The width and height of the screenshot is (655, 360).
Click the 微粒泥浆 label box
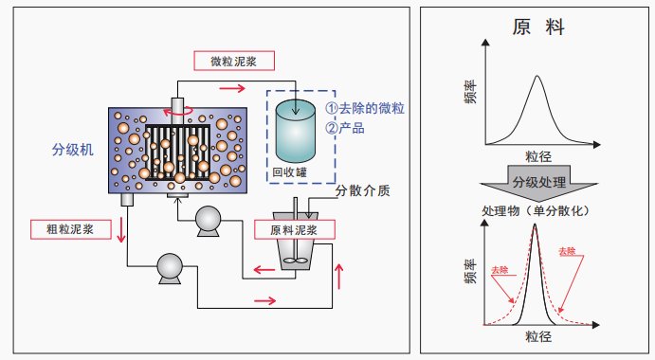[x=234, y=61]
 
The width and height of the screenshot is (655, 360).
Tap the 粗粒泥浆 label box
[x=70, y=229]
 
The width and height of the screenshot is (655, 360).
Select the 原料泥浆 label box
[x=295, y=229]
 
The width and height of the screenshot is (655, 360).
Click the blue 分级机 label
[x=73, y=150]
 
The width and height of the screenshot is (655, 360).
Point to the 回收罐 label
[x=289, y=171]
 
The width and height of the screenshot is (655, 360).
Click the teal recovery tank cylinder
[x=295, y=131]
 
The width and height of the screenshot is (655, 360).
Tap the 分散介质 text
[x=363, y=190]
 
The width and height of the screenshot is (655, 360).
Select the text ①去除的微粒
[x=365, y=108]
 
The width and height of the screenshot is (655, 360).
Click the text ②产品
[x=345, y=128]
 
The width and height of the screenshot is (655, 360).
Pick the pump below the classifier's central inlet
[x=208, y=221]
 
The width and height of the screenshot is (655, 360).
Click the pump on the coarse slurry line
[x=170, y=268]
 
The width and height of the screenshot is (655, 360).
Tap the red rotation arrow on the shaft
[x=178, y=112]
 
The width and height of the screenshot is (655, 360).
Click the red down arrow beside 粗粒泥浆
[x=121, y=229]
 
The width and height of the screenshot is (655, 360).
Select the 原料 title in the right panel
[x=538, y=27]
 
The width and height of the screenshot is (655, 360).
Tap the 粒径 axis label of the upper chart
[x=538, y=156]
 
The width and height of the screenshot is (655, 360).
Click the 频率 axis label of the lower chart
[x=471, y=272]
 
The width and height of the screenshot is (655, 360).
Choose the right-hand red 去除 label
[x=567, y=251]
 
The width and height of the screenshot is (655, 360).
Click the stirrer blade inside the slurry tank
[x=296, y=261]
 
